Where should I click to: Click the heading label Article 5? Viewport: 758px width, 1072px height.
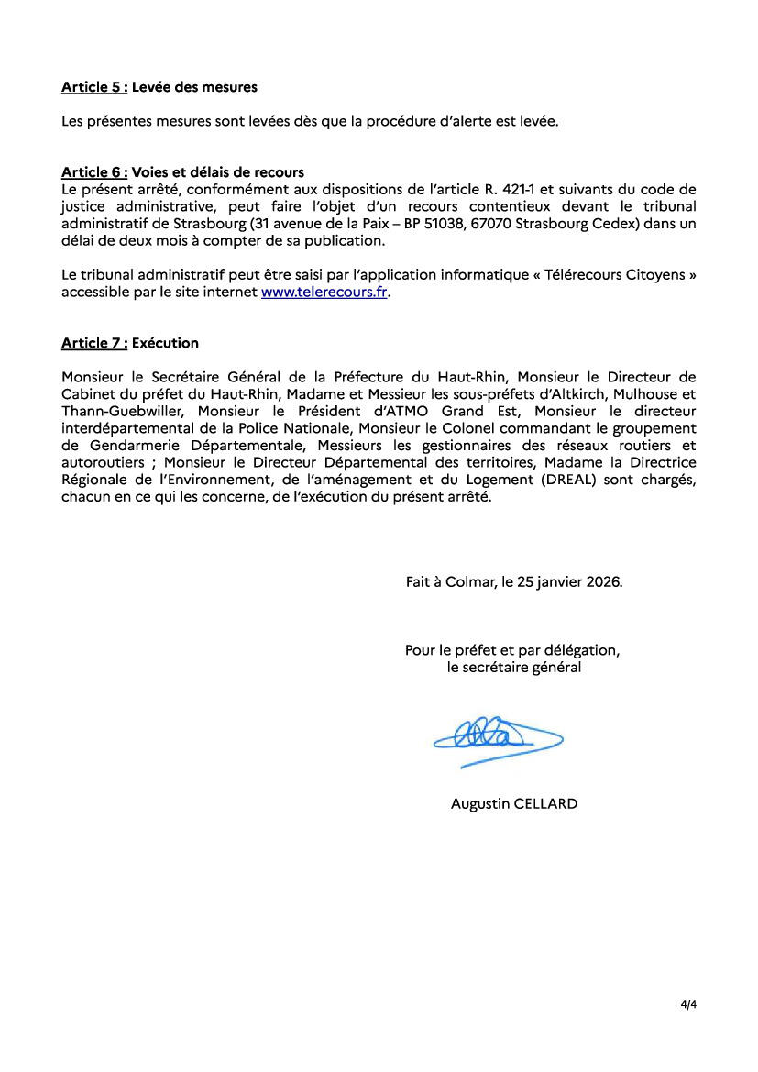(x=93, y=87)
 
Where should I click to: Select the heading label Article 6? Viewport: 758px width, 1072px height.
(x=93, y=171)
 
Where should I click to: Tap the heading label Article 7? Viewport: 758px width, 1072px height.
(x=93, y=343)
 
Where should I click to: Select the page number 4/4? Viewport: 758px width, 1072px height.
(x=688, y=1005)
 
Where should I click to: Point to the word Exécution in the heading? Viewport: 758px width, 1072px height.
(x=165, y=343)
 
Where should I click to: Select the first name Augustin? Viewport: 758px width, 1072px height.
(x=480, y=803)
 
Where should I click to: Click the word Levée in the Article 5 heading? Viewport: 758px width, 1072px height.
(x=151, y=87)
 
